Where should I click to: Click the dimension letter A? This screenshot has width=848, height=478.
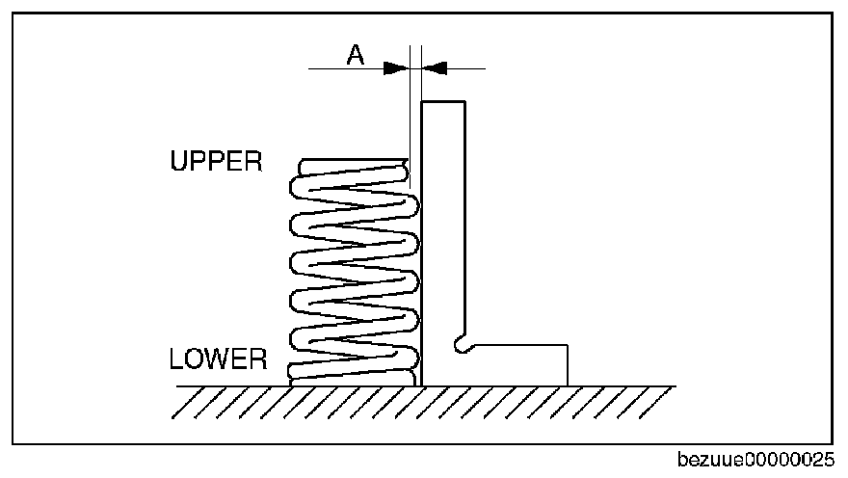[356, 55]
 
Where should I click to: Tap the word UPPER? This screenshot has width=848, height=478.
[216, 161]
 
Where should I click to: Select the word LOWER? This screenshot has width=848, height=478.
[218, 359]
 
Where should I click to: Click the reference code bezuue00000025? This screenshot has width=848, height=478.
[755, 460]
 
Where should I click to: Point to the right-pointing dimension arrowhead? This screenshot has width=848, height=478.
[396, 68]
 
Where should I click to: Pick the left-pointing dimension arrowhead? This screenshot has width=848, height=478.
[435, 68]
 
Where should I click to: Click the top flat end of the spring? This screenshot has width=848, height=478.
[355, 160]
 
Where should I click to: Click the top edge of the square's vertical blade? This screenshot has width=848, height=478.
[443, 101]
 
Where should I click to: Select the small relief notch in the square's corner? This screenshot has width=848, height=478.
[462, 345]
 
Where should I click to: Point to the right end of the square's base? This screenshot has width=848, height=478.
[568, 365]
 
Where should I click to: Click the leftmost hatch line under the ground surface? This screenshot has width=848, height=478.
[183, 403]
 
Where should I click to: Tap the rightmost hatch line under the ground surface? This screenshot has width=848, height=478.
[651, 403]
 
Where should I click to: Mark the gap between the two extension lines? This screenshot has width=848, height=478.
[416, 68]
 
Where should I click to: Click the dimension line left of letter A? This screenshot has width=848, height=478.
[346, 68]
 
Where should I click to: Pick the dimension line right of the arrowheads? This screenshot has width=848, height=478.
[466, 68]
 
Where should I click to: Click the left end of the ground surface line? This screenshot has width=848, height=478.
[177, 386]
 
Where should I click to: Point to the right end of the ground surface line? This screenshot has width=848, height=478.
[676, 386]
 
